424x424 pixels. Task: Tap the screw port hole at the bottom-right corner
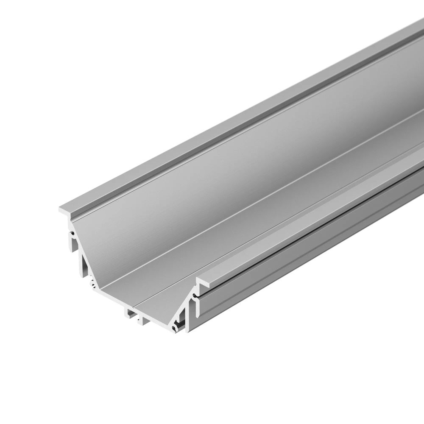coord(174,329)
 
